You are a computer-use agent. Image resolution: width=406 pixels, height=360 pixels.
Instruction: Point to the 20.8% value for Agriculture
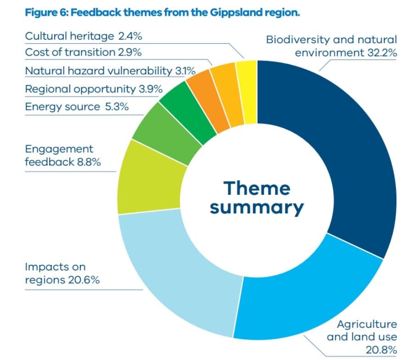(380, 349)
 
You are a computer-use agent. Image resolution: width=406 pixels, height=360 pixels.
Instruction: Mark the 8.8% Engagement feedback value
(89, 162)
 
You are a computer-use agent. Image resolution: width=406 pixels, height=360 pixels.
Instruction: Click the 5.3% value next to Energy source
(116, 107)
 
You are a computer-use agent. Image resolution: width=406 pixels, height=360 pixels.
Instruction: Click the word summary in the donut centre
(257, 207)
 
